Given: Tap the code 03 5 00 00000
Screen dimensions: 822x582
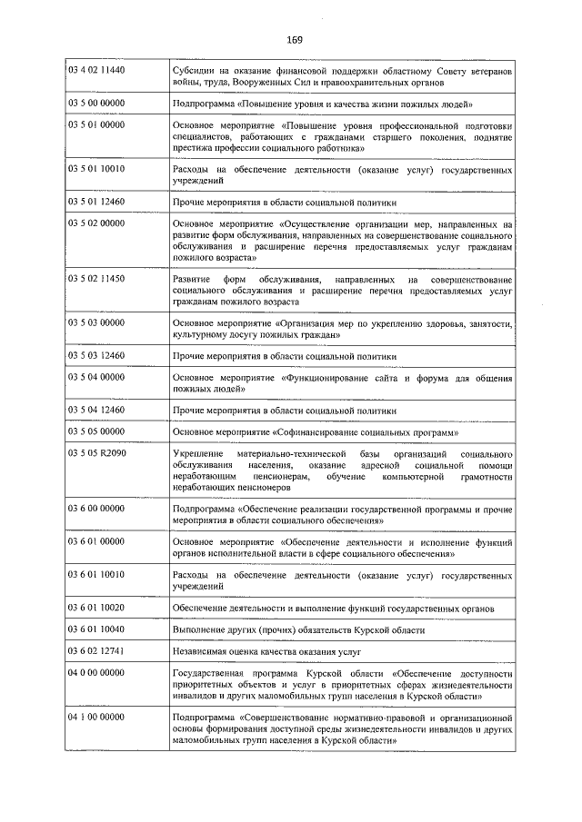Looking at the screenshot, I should click(96, 104).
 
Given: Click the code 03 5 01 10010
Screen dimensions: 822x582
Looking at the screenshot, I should click(96, 169).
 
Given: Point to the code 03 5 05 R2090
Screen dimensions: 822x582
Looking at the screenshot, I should click(96, 451).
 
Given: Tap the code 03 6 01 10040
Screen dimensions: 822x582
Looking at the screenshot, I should click(96, 629).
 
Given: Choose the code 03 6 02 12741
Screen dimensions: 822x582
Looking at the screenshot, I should click(96, 651).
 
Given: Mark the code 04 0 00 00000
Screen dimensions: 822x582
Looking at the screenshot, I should click(96, 673).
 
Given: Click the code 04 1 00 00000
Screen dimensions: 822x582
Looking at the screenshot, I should click(96, 718).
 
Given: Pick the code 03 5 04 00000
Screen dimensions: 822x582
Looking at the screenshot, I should click(96, 376).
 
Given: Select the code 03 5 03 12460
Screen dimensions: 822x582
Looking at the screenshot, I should click(96, 354).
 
